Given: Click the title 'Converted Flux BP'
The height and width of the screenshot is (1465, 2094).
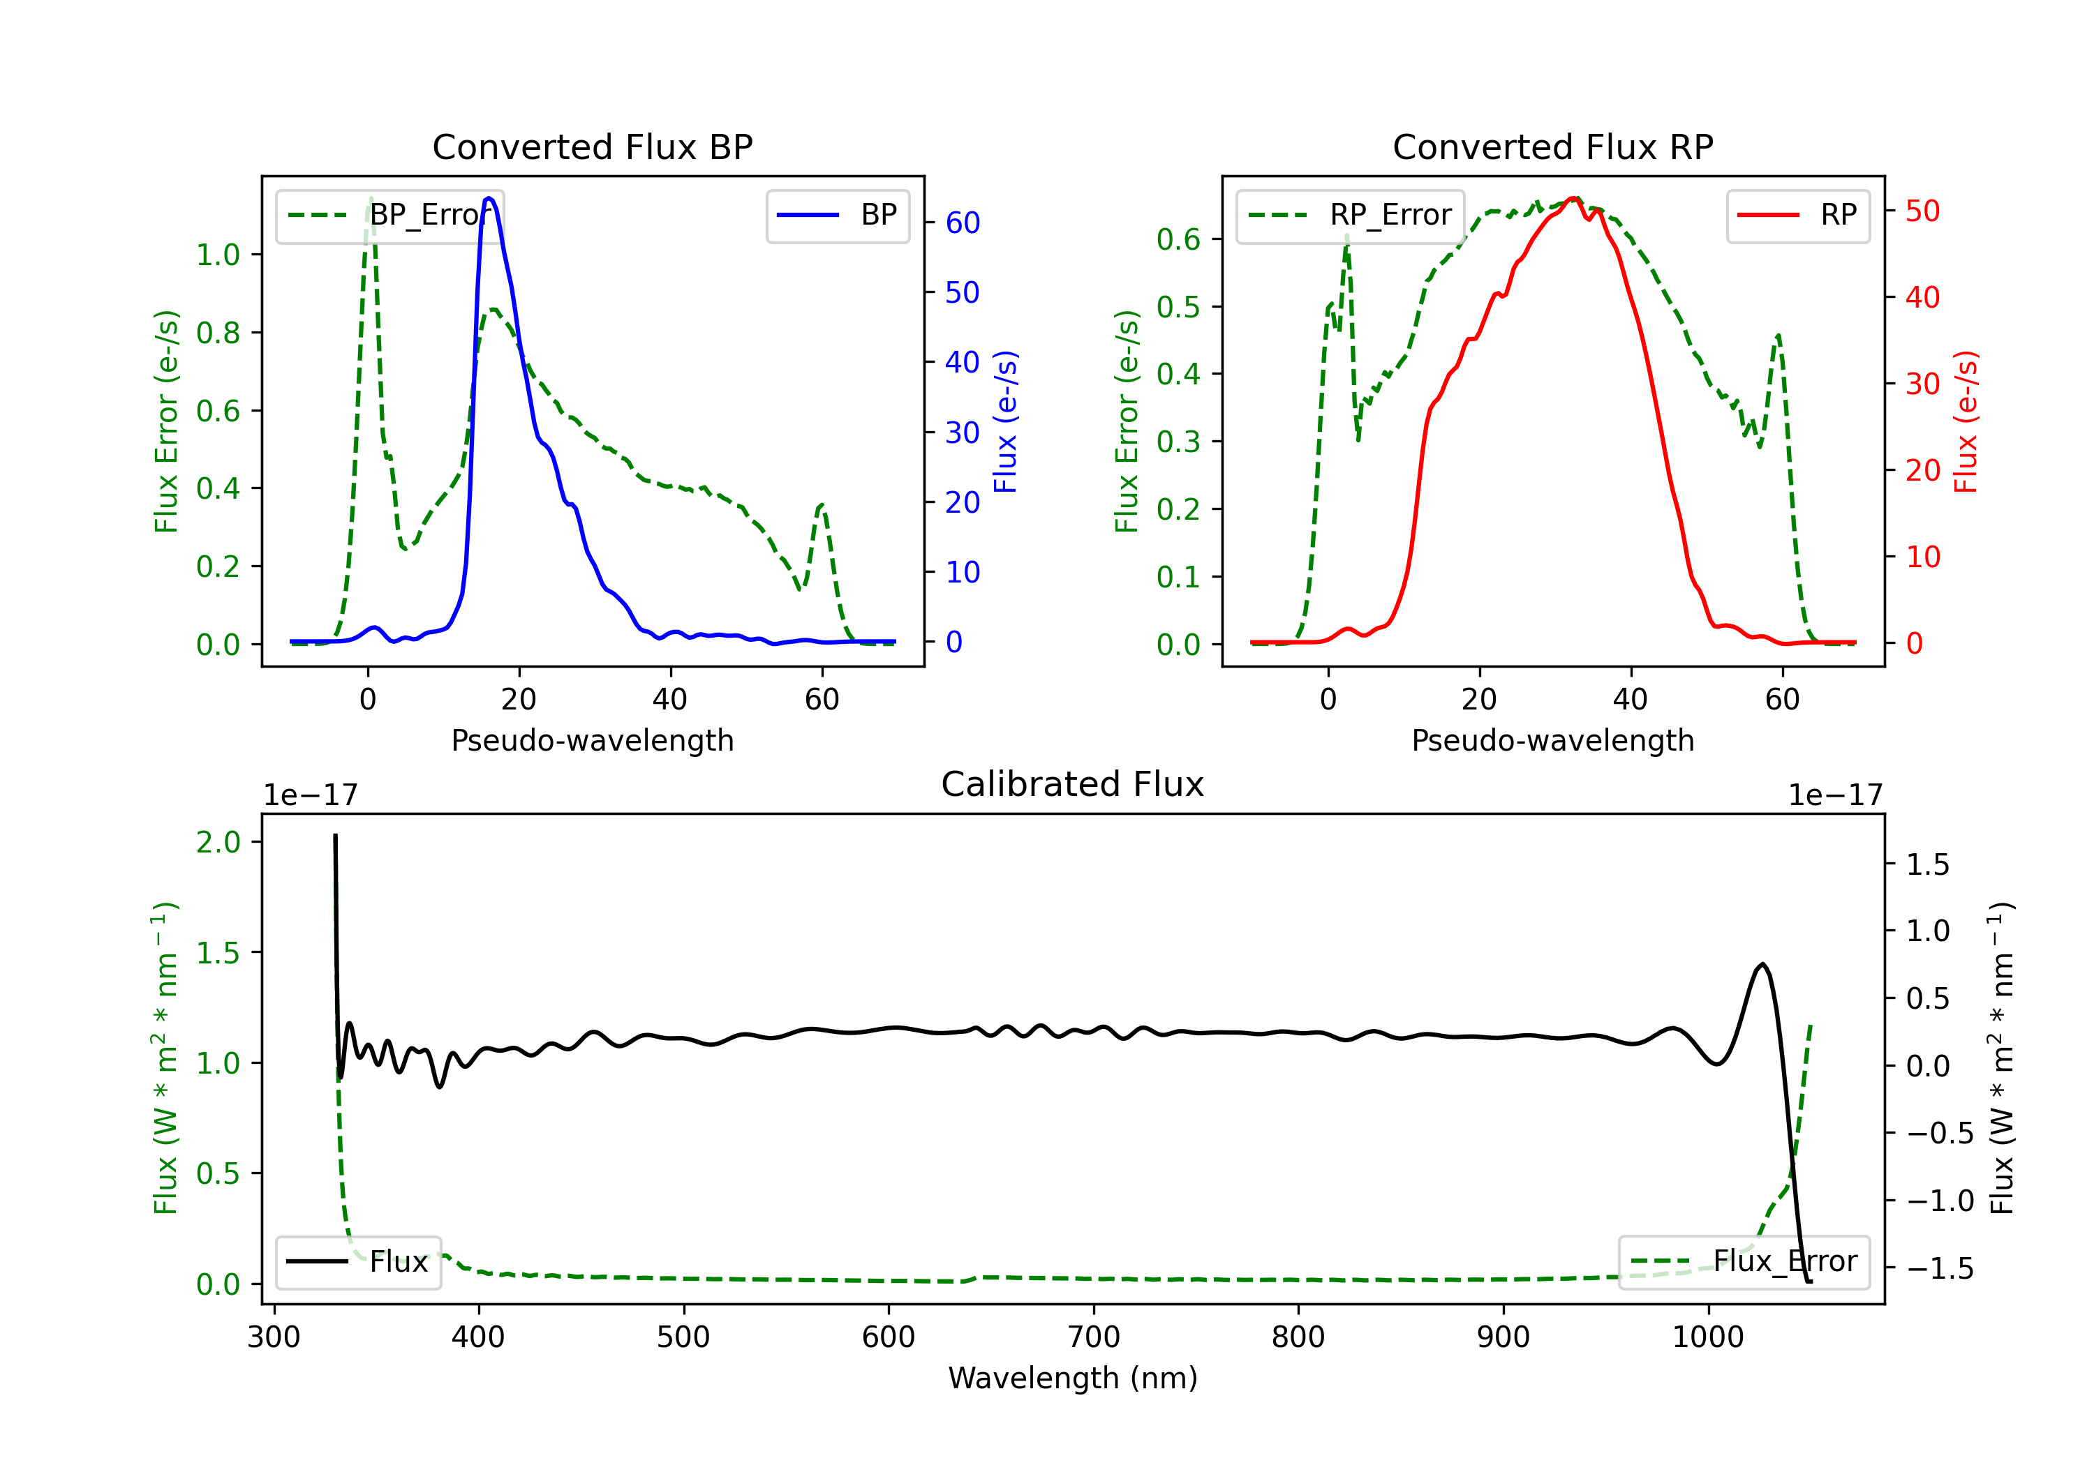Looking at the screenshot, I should click(x=592, y=146).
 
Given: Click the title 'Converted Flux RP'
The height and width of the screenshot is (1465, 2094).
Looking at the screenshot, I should click(x=1552, y=146).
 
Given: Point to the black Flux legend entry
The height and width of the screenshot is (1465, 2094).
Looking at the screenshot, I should click(x=359, y=1262).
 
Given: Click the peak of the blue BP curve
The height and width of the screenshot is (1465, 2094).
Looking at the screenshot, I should click(x=490, y=198).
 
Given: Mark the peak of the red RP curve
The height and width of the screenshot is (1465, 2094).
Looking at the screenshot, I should click(x=1573, y=198).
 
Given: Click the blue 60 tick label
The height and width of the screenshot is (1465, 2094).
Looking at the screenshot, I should click(x=962, y=223).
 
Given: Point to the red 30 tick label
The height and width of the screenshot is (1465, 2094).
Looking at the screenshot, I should click(x=1922, y=384).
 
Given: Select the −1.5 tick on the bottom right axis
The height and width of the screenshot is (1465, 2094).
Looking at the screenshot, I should click(x=1939, y=1268).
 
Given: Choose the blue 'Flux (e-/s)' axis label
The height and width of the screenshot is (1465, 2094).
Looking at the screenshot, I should click(x=1005, y=421).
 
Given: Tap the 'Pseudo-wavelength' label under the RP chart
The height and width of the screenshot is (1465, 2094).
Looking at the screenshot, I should click(x=1552, y=740).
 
